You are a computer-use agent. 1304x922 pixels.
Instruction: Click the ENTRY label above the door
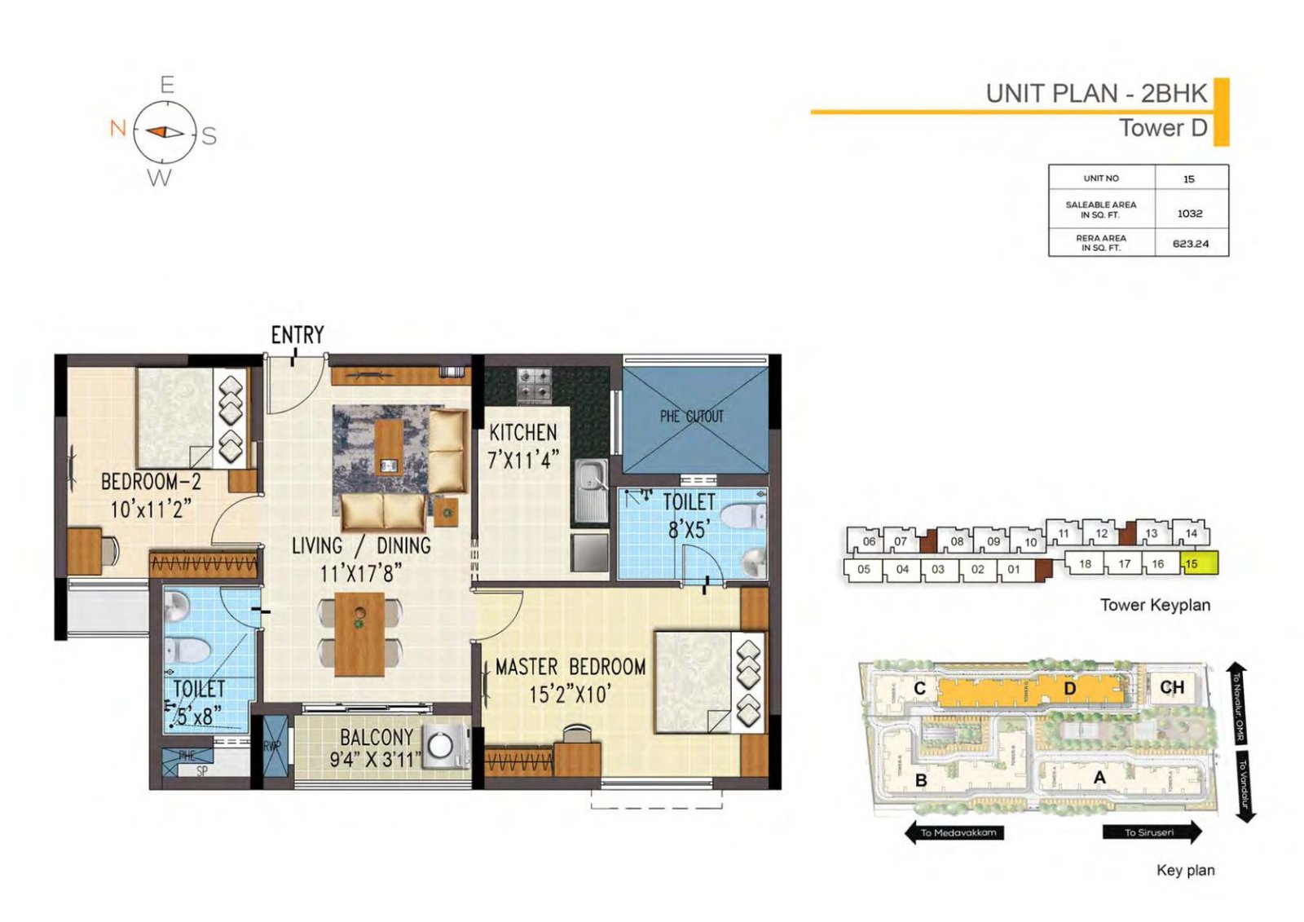[297, 334]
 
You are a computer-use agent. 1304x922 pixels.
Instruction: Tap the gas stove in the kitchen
[535, 385]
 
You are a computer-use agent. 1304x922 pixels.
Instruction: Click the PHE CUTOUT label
[691, 417]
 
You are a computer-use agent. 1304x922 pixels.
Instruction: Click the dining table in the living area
[359, 633]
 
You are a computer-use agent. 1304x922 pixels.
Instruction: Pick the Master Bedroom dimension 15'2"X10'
[570, 695]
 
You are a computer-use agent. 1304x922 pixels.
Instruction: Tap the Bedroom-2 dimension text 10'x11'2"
[151, 510]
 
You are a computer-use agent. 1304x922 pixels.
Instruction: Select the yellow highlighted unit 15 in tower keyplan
[1199, 563]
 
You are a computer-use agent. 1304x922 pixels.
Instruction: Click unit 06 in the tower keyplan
[869, 541]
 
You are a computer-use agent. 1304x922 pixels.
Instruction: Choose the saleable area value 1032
[1189, 214]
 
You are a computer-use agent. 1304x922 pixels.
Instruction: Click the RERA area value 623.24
[1190, 244]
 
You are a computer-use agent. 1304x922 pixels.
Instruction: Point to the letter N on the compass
[118, 129]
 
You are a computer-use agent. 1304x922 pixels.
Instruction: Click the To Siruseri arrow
[1151, 832]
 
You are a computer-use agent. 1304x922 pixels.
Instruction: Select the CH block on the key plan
[1171, 687]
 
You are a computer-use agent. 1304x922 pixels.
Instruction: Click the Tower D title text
[1162, 128]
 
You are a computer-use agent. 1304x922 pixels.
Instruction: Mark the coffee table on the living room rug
[389, 446]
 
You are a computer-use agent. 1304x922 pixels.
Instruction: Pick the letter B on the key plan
[921, 780]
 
